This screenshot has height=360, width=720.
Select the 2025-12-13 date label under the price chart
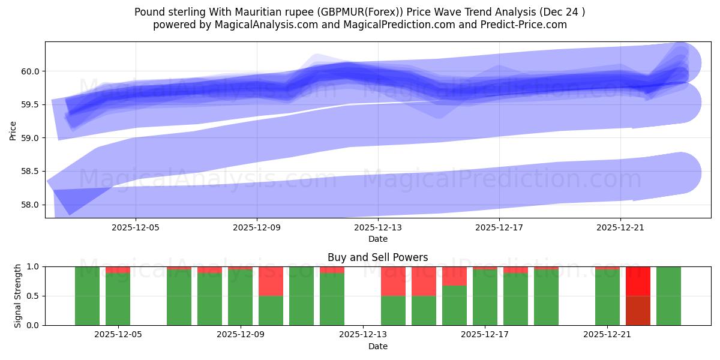pyautogui.click(x=378, y=228)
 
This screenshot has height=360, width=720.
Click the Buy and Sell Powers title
pyautogui.click(x=377, y=257)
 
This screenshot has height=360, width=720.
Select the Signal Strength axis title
pyautogui.click(x=18, y=295)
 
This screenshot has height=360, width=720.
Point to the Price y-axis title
pyautogui.click(x=13, y=130)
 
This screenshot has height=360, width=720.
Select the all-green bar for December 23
pyautogui.click(x=668, y=296)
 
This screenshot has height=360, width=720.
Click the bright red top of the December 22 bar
pyautogui.click(x=638, y=281)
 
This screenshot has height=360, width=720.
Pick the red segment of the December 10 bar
pyautogui.click(x=271, y=281)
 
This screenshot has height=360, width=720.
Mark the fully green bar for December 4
pyautogui.click(x=87, y=296)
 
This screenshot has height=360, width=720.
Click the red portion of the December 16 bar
pyautogui.click(x=454, y=276)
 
